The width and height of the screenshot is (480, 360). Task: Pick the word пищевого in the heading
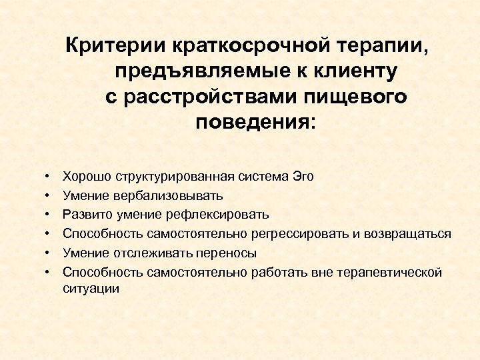click(361, 97)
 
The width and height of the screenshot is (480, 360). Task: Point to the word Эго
click(303, 177)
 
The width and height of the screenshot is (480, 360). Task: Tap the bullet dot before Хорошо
click(49, 177)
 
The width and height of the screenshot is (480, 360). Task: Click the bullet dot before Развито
click(49, 215)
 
